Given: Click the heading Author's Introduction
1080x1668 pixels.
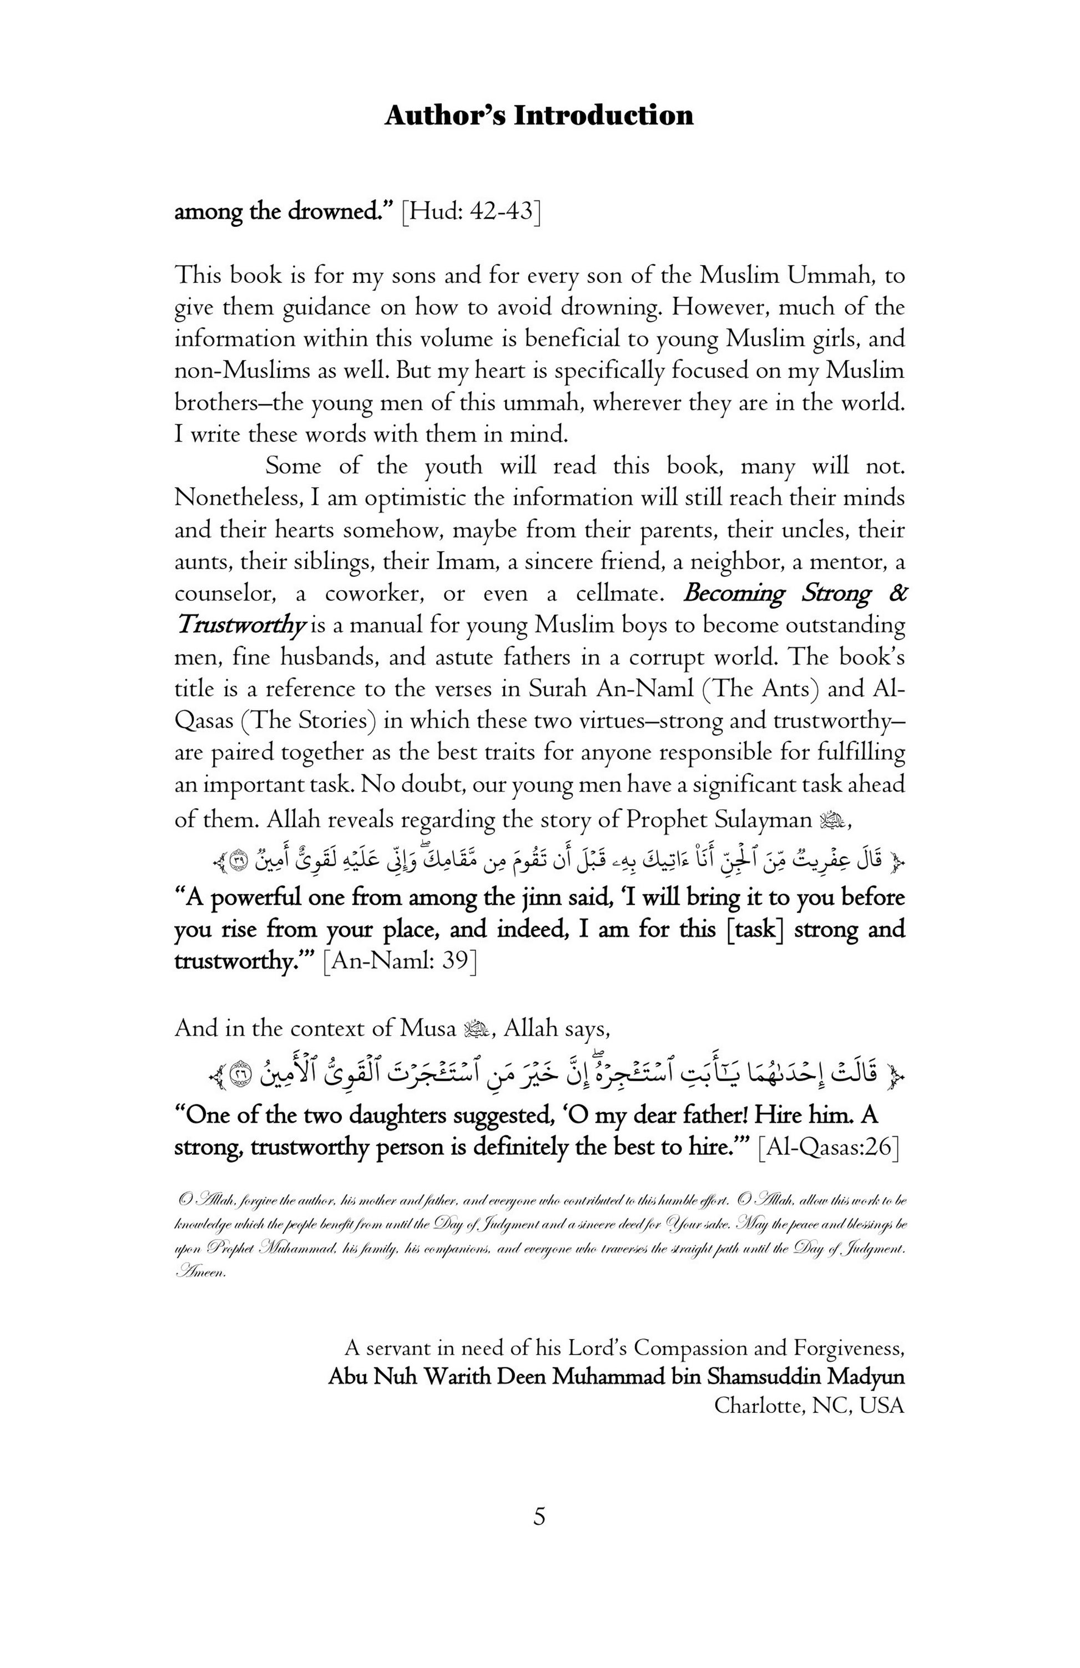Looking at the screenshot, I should click(538, 115).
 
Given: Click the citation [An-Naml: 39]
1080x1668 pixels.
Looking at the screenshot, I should click(400, 961).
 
